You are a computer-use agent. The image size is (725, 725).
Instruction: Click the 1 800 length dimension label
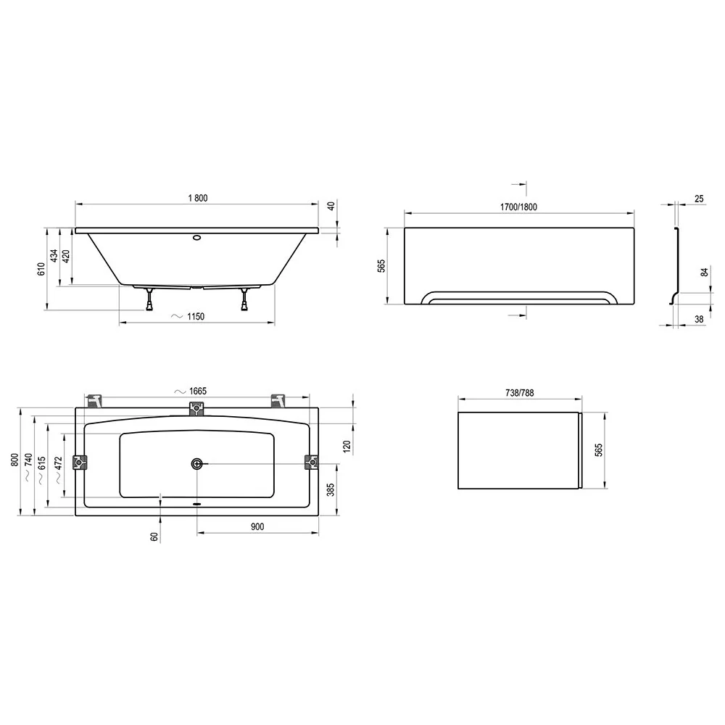(198, 198)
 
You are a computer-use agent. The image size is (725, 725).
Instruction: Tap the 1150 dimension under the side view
(196, 316)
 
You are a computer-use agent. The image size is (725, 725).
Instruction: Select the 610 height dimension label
(41, 269)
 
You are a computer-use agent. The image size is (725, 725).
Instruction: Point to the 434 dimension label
(54, 256)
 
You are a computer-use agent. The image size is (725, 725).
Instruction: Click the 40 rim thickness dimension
(331, 206)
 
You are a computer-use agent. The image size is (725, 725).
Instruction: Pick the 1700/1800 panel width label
(519, 207)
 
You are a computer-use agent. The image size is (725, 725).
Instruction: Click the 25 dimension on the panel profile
(699, 199)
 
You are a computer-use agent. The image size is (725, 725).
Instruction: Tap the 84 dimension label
(704, 273)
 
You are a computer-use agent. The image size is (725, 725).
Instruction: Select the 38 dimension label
(699, 319)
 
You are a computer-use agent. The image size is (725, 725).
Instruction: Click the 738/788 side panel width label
(520, 392)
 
